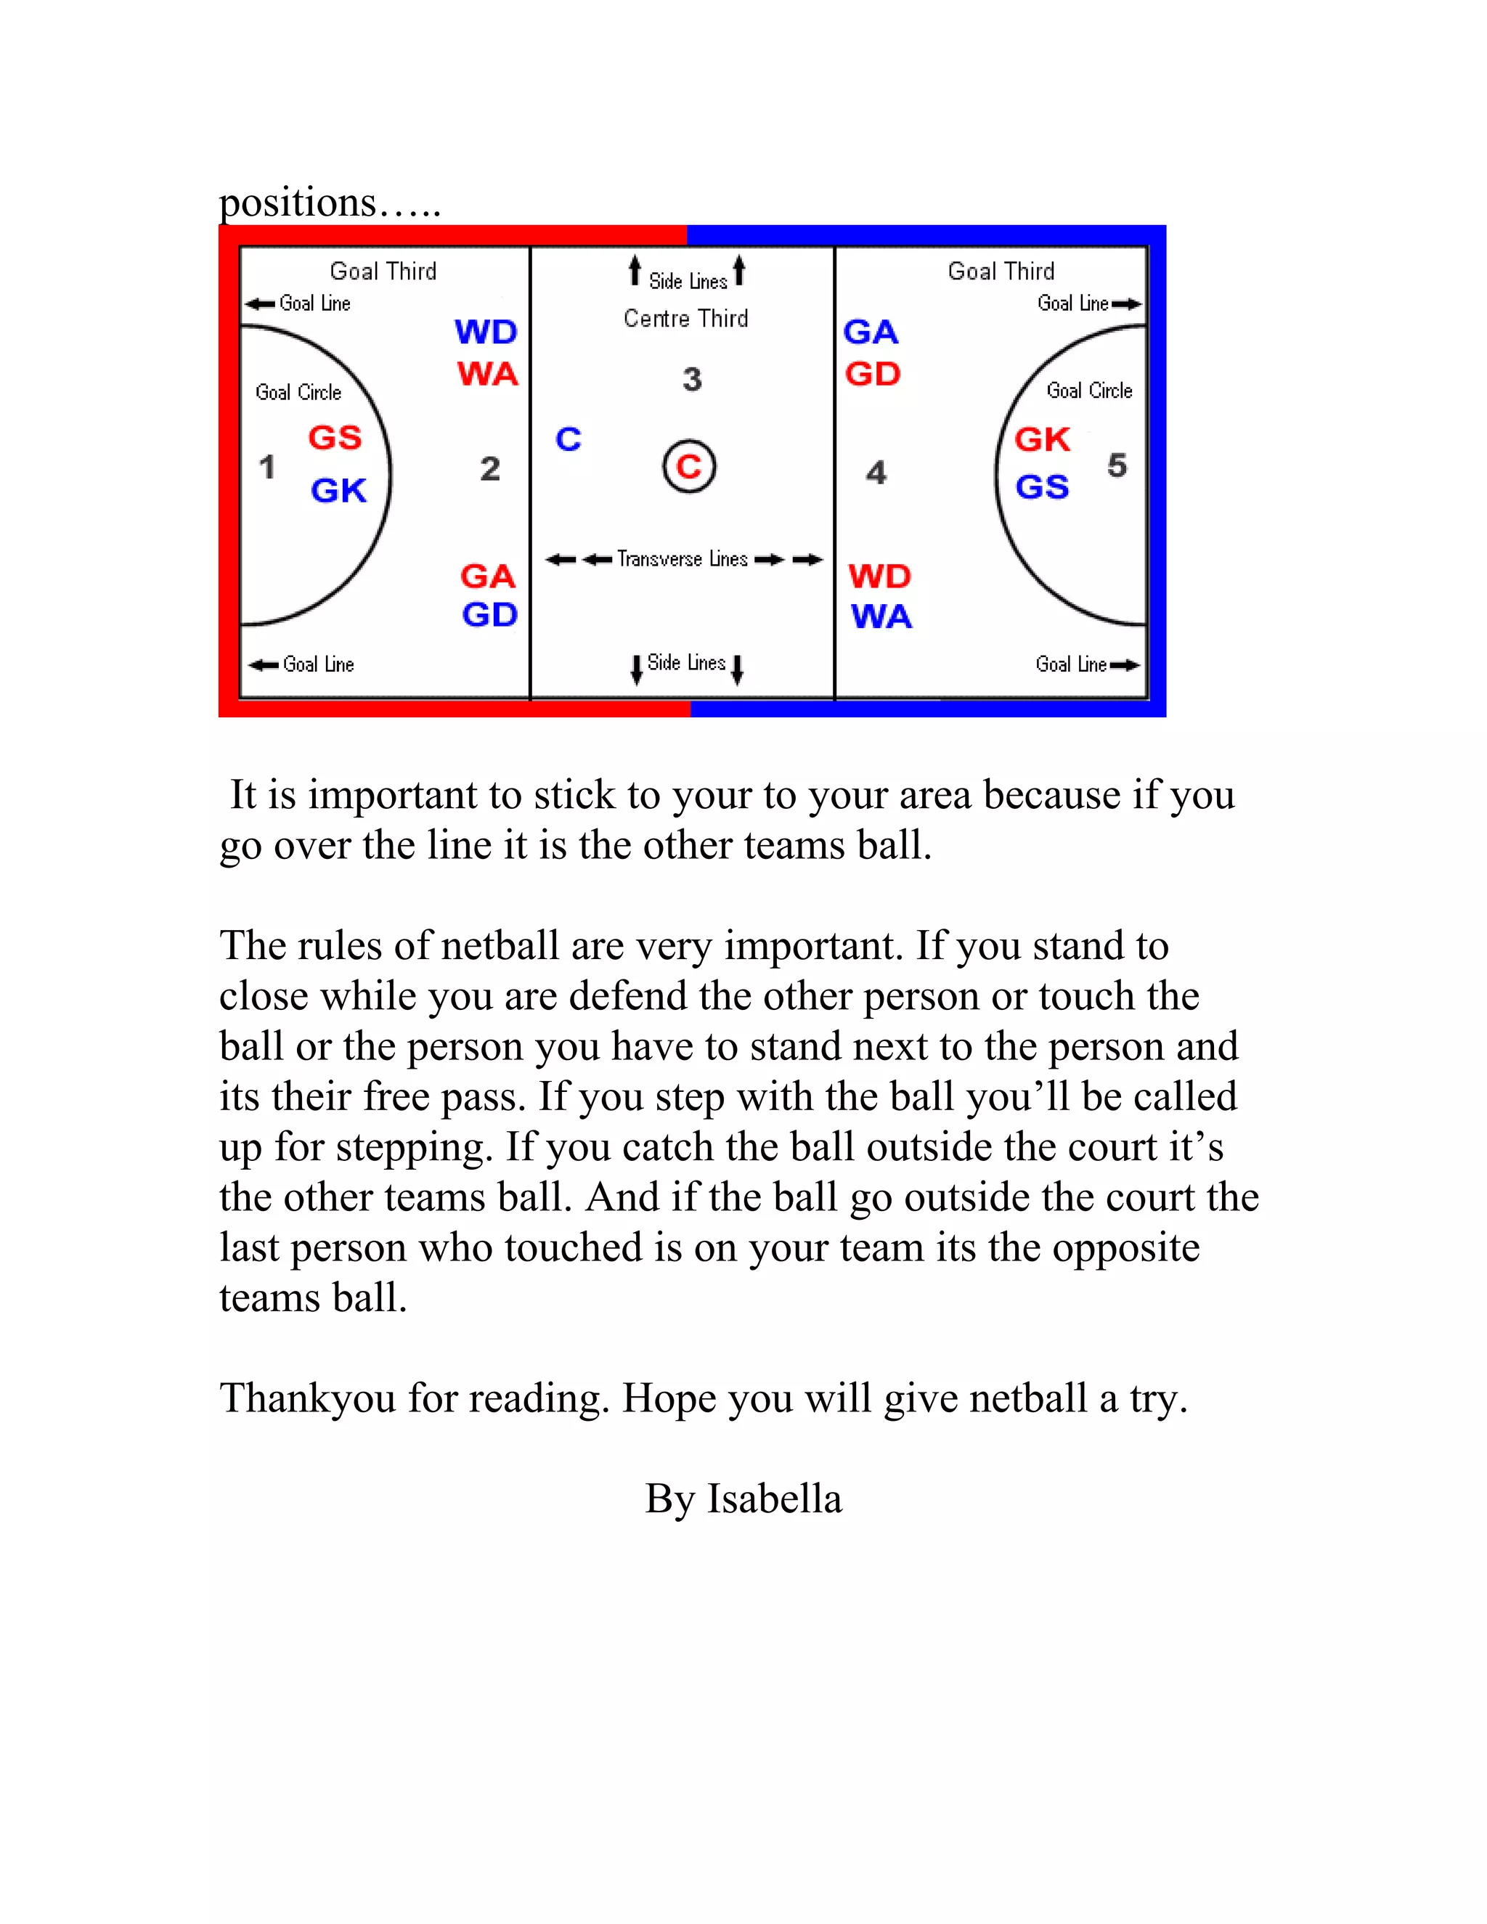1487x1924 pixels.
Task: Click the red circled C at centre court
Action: tap(689, 466)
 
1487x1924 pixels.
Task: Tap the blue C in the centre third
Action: tap(569, 439)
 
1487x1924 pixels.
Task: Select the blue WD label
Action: tap(486, 332)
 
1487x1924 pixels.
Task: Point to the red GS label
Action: tap(335, 437)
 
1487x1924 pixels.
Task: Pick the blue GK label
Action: tap(338, 491)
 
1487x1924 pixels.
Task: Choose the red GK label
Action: tap(1042, 439)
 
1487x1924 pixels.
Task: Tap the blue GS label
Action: tap(1042, 486)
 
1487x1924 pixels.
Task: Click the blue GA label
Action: tap(871, 332)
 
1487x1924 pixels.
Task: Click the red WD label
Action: tap(879, 576)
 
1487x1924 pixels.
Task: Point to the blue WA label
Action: tap(881, 616)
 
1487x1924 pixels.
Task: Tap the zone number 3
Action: tap(693, 380)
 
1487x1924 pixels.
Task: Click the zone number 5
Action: tap(1117, 465)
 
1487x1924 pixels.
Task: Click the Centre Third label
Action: tap(685, 318)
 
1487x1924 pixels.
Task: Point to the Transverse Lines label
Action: tap(682, 558)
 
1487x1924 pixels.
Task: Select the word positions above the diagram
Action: tap(298, 203)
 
